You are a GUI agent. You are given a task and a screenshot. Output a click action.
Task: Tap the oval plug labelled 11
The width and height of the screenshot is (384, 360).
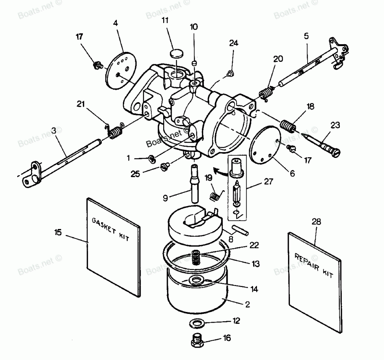(x=176, y=52)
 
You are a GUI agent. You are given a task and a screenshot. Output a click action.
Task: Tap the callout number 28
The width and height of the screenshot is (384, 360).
(x=316, y=222)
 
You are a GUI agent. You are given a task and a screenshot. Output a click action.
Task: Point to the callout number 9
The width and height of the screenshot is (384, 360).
(x=165, y=198)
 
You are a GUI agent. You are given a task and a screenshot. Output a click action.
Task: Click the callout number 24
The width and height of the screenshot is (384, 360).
(x=234, y=43)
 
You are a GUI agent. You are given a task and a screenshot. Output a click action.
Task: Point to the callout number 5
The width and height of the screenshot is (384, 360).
(x=306, y=36)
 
